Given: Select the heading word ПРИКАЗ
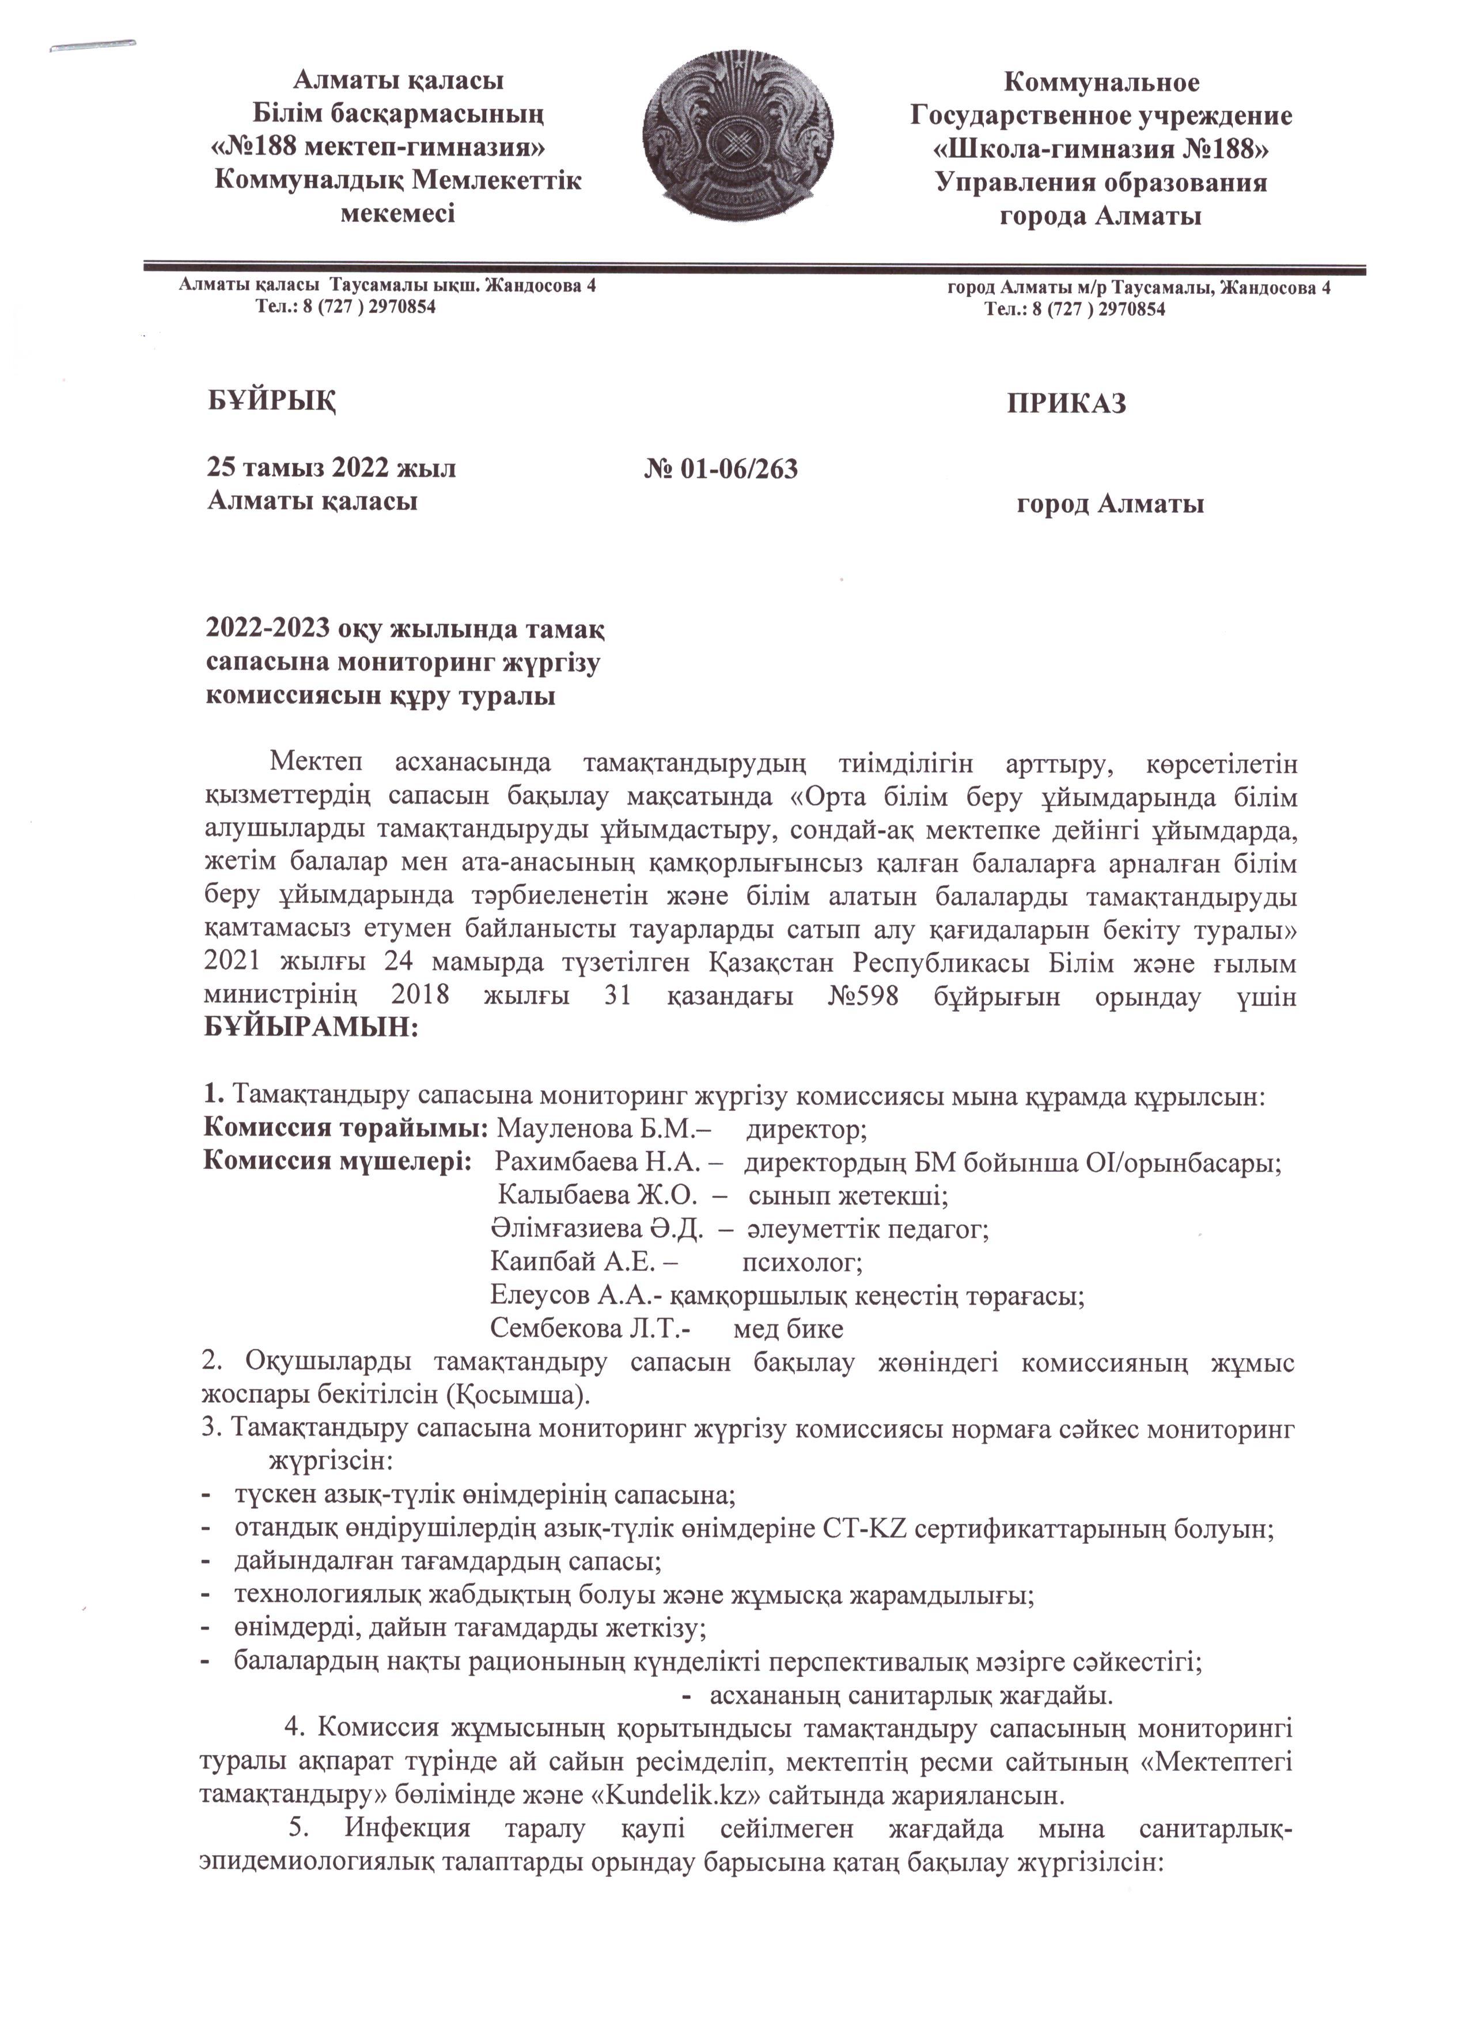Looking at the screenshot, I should pyautogui.click(x=1066, y=404).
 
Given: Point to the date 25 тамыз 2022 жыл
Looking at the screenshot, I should pyautogui.click(x=331, y=468).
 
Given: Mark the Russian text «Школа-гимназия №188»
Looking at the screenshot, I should pyautogui.click(x=1101, y=148).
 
